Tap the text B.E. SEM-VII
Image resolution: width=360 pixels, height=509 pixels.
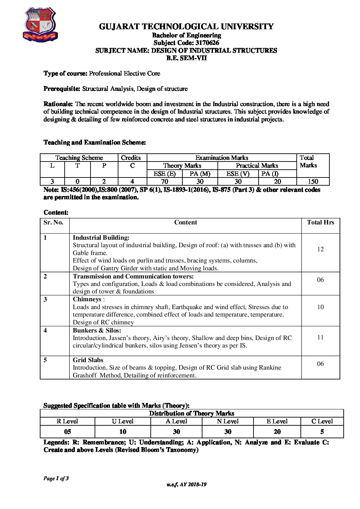tap(186, 58)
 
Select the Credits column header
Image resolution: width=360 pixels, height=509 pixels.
tap(131, 158)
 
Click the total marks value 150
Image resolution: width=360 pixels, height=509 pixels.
tap(313, 182)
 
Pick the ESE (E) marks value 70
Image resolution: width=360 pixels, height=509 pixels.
tap(164, 182)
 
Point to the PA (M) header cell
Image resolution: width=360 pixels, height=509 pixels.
tap(200, 174)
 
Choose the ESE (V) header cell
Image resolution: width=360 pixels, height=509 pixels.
tap(238, 174)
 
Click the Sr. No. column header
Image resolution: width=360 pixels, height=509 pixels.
tap(54, 223)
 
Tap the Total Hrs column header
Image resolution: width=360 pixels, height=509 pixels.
tap(321, 223)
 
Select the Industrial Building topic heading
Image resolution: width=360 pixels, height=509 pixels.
tap(101, 238)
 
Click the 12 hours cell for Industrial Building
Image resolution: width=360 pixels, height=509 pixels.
tap(320, 249)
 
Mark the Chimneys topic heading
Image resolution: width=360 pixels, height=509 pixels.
tap(87, 299)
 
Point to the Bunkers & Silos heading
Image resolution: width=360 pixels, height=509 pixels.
tap(97, 330)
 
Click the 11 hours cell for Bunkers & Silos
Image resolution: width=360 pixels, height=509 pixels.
tap(320, 337)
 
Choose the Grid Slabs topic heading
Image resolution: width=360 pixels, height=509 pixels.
tap(88, 360)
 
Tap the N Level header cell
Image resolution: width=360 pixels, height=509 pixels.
tap(228, 421)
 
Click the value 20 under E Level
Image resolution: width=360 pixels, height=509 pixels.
tap(277, 432)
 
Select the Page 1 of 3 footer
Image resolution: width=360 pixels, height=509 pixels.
tap(56, 479)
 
